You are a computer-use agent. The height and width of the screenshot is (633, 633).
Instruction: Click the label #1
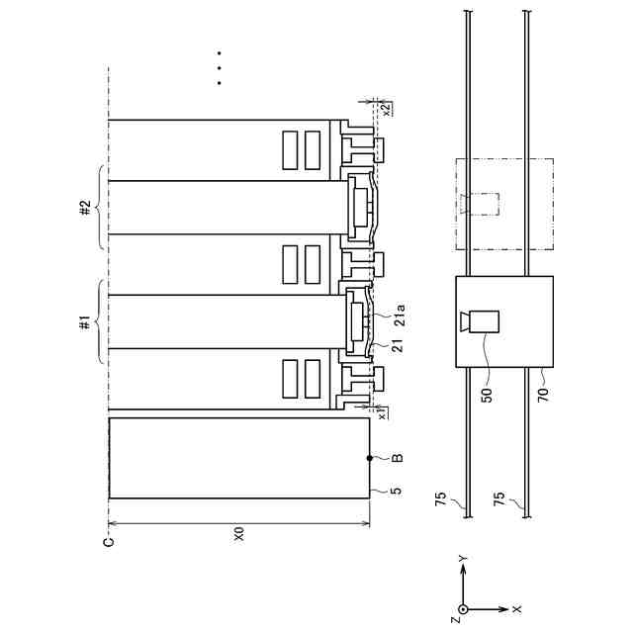pyautogui.click(x=86, y=323)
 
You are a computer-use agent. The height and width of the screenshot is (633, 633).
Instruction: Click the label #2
pyautogui.click(x=86, y=208)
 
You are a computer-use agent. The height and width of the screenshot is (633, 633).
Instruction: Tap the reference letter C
pyautogui.click(x=109, y=541)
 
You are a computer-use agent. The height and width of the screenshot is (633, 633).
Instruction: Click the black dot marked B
pyautogui.click(x=369, y=458)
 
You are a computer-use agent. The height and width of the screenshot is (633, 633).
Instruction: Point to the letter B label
pyautogui.click(x=398, y=458)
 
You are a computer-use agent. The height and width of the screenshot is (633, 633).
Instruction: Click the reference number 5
pyautogui.click(x=398, y=491)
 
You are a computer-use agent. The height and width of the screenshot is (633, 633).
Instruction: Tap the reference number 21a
pyautogui.click(x=399, y=315)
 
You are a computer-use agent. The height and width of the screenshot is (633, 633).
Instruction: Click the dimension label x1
pyautogui.click(x=383, y=414)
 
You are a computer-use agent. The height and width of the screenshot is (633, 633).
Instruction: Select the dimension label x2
pyautogui.click(x=386, y=109)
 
